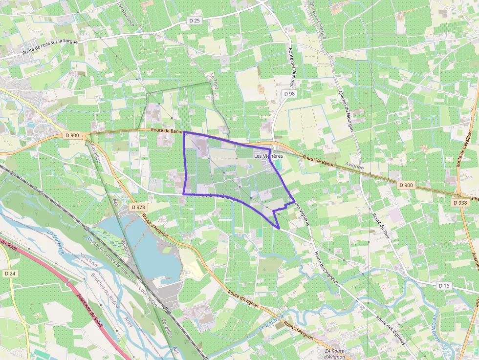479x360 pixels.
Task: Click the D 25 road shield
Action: tap(195, 21)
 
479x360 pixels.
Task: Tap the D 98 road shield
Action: tap(289, 93)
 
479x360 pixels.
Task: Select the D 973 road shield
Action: tap(139, 207)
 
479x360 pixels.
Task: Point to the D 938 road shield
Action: tap(460, 202)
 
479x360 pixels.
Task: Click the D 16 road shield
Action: tap(443, 285)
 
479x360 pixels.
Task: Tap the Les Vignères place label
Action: tap(268, 156)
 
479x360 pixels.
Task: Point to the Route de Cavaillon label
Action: tap(461, 149)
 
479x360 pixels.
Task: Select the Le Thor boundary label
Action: tap(213, 81)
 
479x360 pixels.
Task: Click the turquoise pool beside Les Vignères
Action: tap(278, 165)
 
